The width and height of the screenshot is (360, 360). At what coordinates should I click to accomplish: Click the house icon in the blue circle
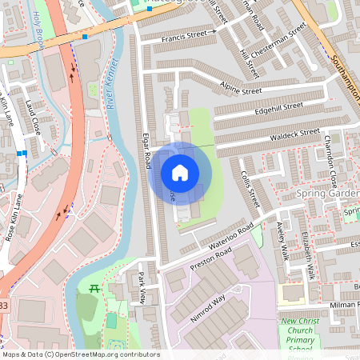pyautogui.click(x=180, y=172)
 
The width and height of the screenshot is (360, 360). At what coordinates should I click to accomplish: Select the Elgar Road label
pyautogui.click(x=146, y=150)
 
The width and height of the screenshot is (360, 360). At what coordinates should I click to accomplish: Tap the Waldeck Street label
pyautogui.click(x=296, y=133)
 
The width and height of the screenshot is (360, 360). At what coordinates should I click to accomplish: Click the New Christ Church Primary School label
pyautogui.click(x=300, y=336)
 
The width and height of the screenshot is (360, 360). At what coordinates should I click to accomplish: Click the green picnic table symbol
pyautogui.click(x=94, y=288)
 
